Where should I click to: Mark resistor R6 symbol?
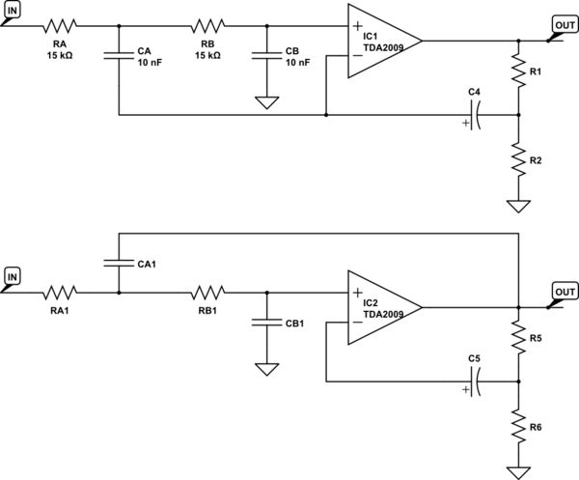click(x=519, y=425)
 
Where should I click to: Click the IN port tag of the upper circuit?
click(x=13, y=11)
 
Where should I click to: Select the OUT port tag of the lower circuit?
click(x=564, y=293)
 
